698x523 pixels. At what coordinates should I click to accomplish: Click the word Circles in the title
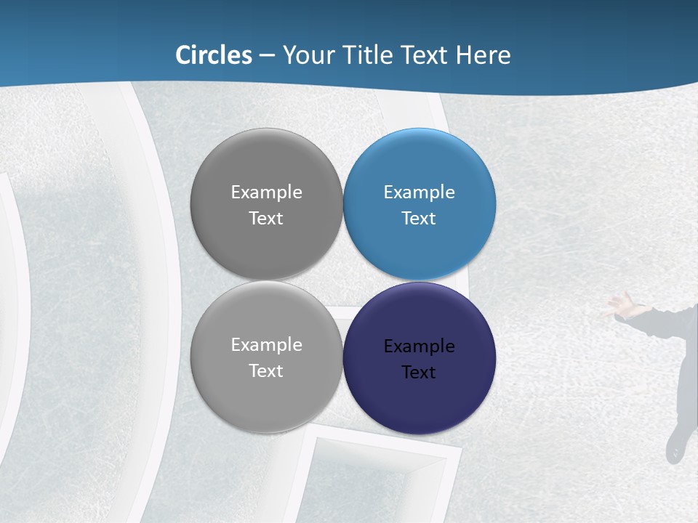click(214, 55)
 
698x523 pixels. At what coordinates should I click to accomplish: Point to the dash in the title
click(267, 56)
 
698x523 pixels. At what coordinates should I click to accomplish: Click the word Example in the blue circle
click(419, 192)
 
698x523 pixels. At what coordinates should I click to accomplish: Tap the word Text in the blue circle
click(419, 219)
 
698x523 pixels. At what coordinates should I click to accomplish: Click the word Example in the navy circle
click(419, 346)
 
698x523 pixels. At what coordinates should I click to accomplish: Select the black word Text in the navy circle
click(419, 373)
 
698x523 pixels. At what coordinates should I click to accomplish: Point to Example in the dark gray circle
click(266, 192)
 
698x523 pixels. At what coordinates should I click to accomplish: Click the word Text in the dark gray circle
click(266, 219)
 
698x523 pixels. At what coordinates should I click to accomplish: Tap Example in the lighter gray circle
click(266, 345)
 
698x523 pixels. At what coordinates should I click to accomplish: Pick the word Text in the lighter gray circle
click(266, 371)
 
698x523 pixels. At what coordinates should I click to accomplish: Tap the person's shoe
click(675, 445)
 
